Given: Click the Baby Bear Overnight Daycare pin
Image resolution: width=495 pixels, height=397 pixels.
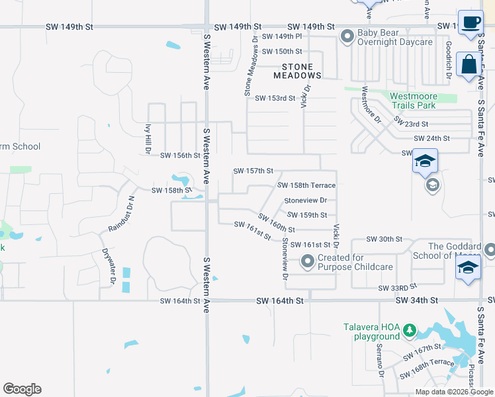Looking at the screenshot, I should click(347, 37).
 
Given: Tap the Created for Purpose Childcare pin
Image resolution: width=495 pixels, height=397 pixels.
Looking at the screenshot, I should click(308, 263).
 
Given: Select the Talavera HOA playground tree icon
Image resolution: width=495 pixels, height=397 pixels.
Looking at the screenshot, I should click(410, 330).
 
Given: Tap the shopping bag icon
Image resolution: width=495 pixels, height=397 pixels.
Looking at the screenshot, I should click(469, 66).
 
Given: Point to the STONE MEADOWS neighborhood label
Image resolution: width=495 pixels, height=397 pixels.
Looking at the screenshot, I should click(301, 71).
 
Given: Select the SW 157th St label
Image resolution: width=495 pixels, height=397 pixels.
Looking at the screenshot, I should click(253, 171).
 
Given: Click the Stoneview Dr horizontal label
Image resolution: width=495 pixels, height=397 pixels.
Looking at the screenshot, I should click(306, 200).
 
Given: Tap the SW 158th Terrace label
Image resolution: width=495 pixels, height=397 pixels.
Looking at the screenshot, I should click(306, 186).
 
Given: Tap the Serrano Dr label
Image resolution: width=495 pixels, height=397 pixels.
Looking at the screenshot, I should click(381, 363).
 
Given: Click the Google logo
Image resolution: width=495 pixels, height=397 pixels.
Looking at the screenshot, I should click(22, 389).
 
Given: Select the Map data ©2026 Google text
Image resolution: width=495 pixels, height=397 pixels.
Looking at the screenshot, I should click(455, 392).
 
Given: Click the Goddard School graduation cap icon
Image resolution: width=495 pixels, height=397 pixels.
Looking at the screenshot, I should click(467, 269).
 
